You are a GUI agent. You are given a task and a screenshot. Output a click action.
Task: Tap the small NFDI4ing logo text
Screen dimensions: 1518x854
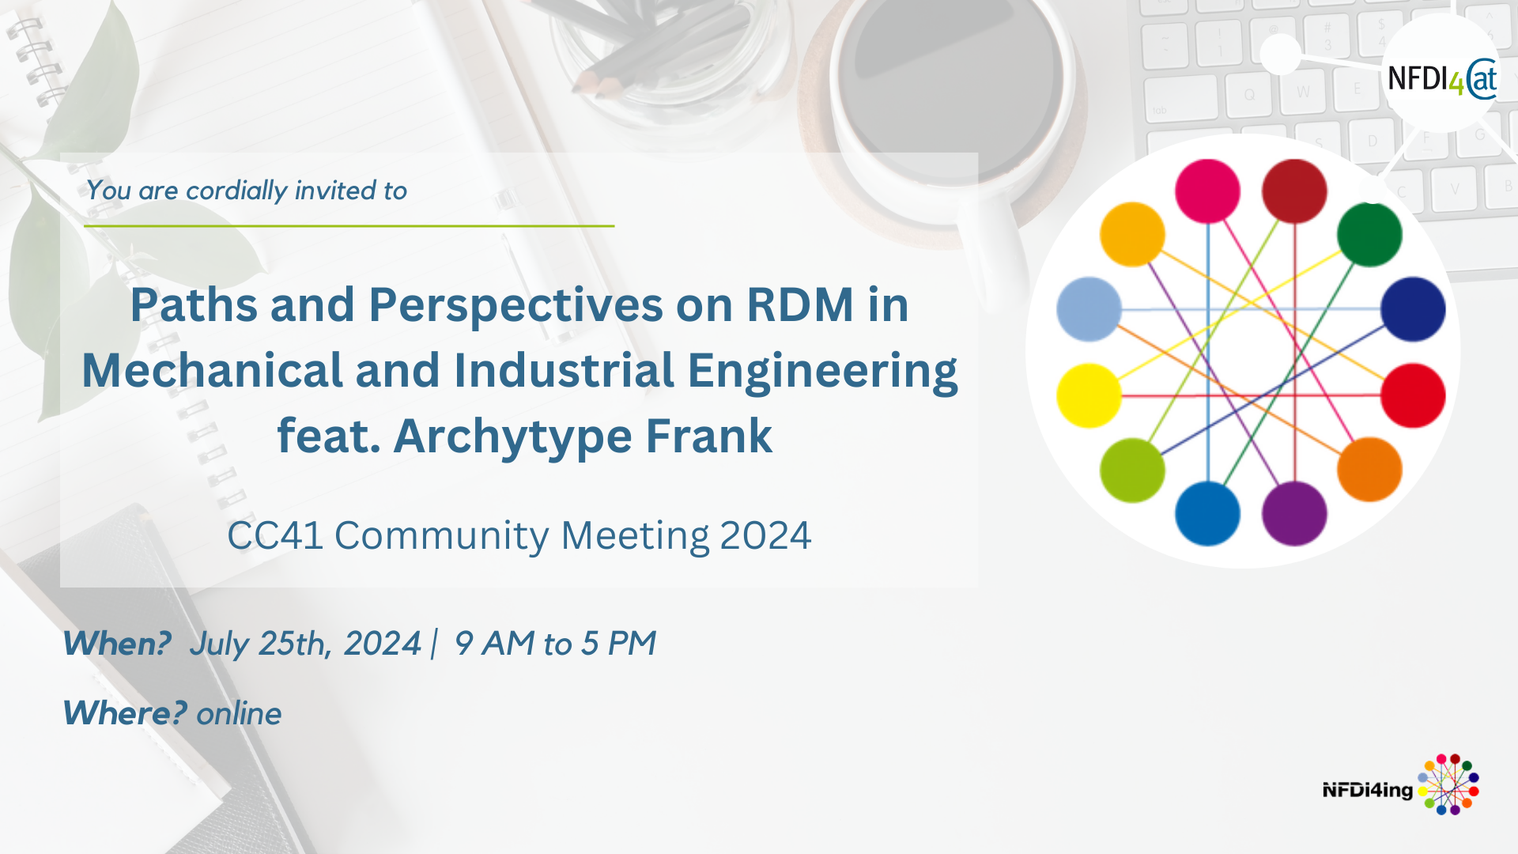click(x=1368, y=790)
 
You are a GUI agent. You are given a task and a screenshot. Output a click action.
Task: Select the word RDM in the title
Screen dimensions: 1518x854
click(x=800, y=304)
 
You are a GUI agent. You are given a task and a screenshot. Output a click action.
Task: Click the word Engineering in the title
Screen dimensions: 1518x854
click(x=822, y=372)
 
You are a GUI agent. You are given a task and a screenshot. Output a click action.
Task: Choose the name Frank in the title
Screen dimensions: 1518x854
click(x=709, y=436)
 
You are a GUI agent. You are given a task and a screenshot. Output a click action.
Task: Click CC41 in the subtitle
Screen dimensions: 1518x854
click(x=275, y=535)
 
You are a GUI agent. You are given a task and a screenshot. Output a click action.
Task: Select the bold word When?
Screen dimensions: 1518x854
click(x=117, y=643)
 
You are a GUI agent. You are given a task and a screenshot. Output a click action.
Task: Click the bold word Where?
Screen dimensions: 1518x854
click(x=125, y=713)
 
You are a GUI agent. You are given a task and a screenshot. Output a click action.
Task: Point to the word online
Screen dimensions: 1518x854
click(x=239, y=714)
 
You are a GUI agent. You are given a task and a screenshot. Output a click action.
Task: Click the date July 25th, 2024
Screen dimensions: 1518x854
click(x=305, y=644)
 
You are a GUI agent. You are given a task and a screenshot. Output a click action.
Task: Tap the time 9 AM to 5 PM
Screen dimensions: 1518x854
click(x=555, y=643)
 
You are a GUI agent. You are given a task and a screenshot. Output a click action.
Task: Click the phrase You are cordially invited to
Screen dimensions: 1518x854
click(x=247, y=191)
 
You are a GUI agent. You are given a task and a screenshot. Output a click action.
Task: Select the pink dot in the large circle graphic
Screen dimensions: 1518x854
click(x=1207, y=191)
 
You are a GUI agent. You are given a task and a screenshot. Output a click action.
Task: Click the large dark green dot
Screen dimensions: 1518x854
click(x=1369, y=235)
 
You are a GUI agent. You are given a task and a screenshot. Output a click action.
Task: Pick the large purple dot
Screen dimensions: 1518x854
click(x=1294, y=513)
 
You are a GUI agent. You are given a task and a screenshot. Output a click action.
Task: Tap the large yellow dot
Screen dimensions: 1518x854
click(x=1089, y=395)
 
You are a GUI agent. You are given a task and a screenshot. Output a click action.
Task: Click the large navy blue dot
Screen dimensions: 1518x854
click(x=1413, y=309)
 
